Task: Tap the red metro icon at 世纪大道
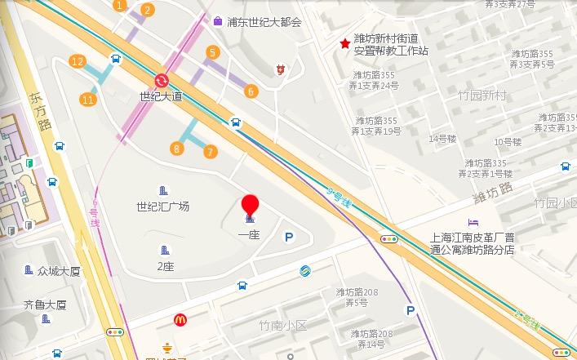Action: [x=161, y=80]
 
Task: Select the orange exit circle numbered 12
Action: [x=78, y=61]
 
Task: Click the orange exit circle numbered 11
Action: [x=87, y=100]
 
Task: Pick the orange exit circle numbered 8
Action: [x=176, y=148]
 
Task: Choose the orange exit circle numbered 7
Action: [x=211, y=151]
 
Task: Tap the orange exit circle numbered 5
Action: [x=213, y=53]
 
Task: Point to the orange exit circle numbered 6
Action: [x=251, y=91]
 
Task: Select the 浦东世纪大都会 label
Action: [x=264, y=22]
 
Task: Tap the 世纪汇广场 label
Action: [x=163, y=207]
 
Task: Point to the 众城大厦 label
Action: [x=59, y=271]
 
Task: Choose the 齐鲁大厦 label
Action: [x=45, y=305]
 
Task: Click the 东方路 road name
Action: [x=38, y=109]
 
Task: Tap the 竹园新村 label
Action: [x=482, y=96]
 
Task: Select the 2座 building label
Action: [x=166, y=266]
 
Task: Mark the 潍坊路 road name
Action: [x=492, y=193]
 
